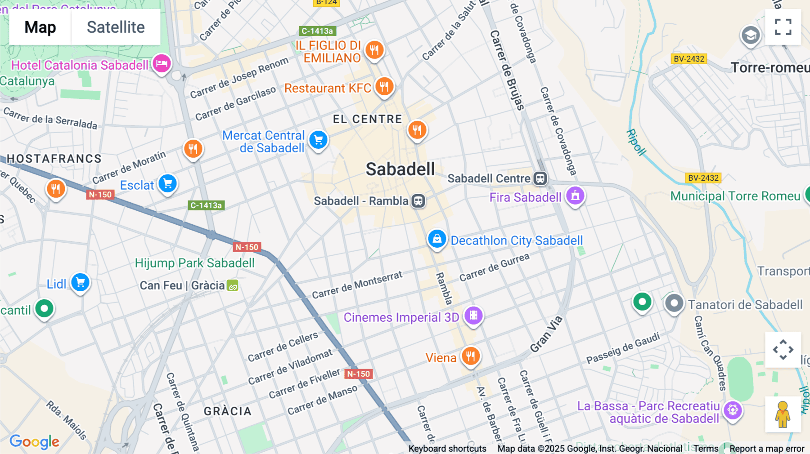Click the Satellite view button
click(x=116, y=27)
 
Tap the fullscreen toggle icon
click(x=783, y=27)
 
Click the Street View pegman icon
click(x=783, y=414)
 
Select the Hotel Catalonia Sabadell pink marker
click(x=162, y=63)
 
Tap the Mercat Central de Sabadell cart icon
click(x=319, y=140)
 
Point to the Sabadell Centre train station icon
click(x=540, y=178)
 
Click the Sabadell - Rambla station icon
click(x=418, y=201)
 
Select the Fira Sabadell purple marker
click(x=575, y=196)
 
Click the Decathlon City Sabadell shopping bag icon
click(x=436, y=239)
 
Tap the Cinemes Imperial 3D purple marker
click(x=473, y=316)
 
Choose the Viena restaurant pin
click(x=471, y=356)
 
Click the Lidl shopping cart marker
click(x=81, y=283)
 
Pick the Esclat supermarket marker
click(x=167, y=183)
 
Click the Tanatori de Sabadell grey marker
click(x=674, y=303)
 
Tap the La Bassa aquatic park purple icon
click(x=733, y=410)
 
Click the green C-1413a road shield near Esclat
click(x=206, y=205)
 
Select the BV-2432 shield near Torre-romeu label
click(x=689, y=59)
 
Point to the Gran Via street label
click(x=546, y=334)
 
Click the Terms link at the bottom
click(x=706, y=449)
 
